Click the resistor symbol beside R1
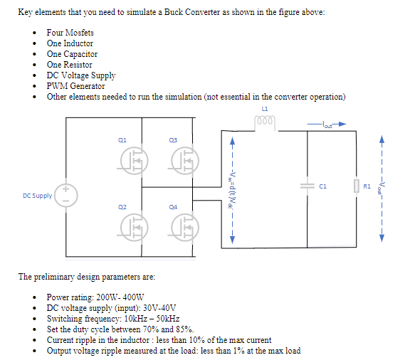point(357,186)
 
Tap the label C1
point(322,186)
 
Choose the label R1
point(367,186)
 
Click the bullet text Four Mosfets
point(70,33)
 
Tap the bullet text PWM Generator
point(75,86)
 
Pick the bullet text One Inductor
point(70,43)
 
